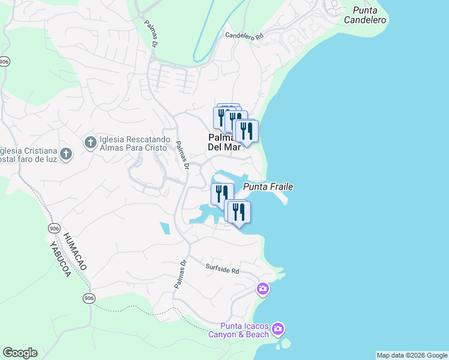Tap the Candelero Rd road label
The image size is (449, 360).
coord(244,36)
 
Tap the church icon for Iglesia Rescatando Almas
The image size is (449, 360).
coord(90,142)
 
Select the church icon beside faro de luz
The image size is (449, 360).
coord(66,154)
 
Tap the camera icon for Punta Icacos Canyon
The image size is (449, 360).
coord(277,329)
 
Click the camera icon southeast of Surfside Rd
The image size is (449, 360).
coord(262,290)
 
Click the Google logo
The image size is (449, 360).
coord(20,353)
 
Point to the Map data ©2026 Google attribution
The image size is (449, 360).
coord(412,355)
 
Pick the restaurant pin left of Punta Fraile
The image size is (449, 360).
coord(221,194)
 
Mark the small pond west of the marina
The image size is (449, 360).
coord(164,228)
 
